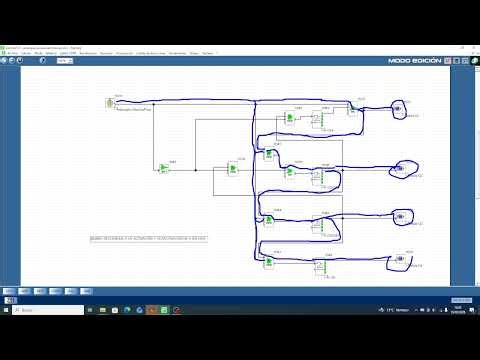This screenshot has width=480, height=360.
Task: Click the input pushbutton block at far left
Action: click(x=109, y=102)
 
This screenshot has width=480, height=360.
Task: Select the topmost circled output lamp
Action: click(x=401, y=108)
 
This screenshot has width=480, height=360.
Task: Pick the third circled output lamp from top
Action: click(x=400, y=215)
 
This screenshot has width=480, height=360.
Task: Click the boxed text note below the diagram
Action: click(x=149, y=240)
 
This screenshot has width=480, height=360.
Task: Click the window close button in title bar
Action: click(x=471, y=46)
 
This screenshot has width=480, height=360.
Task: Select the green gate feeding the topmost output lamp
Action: click(x=354, y=108)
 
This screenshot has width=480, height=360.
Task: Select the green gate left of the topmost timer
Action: click(x=289, y=118)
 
